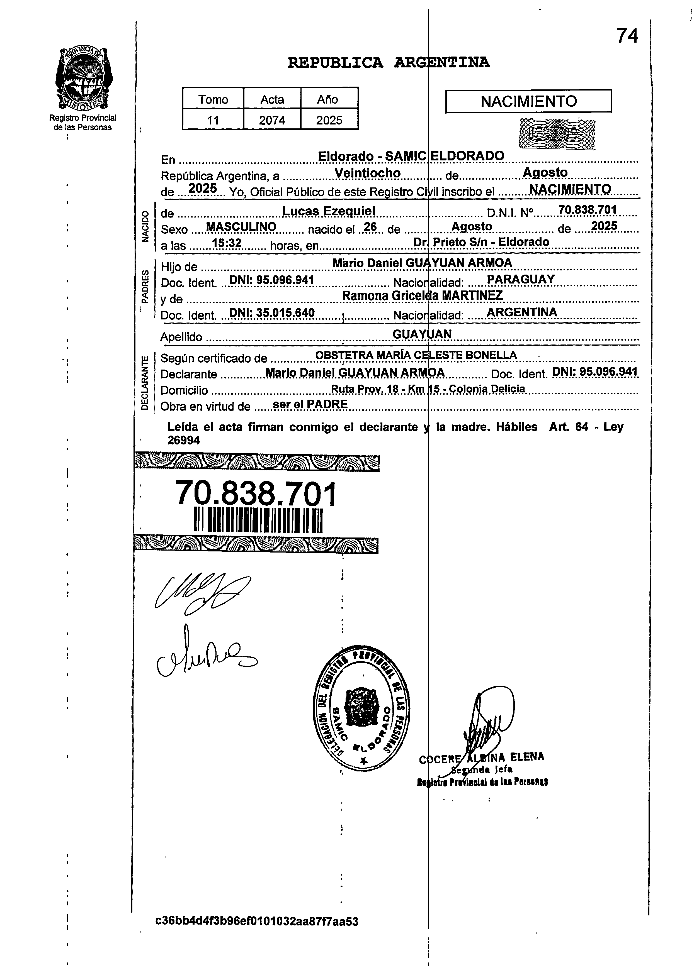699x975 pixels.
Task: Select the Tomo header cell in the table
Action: coord(213,99)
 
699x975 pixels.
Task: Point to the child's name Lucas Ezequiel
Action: coord(329,211)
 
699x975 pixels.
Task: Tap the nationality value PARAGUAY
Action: coord(520,279)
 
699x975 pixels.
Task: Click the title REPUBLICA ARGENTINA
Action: coord(389,63)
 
